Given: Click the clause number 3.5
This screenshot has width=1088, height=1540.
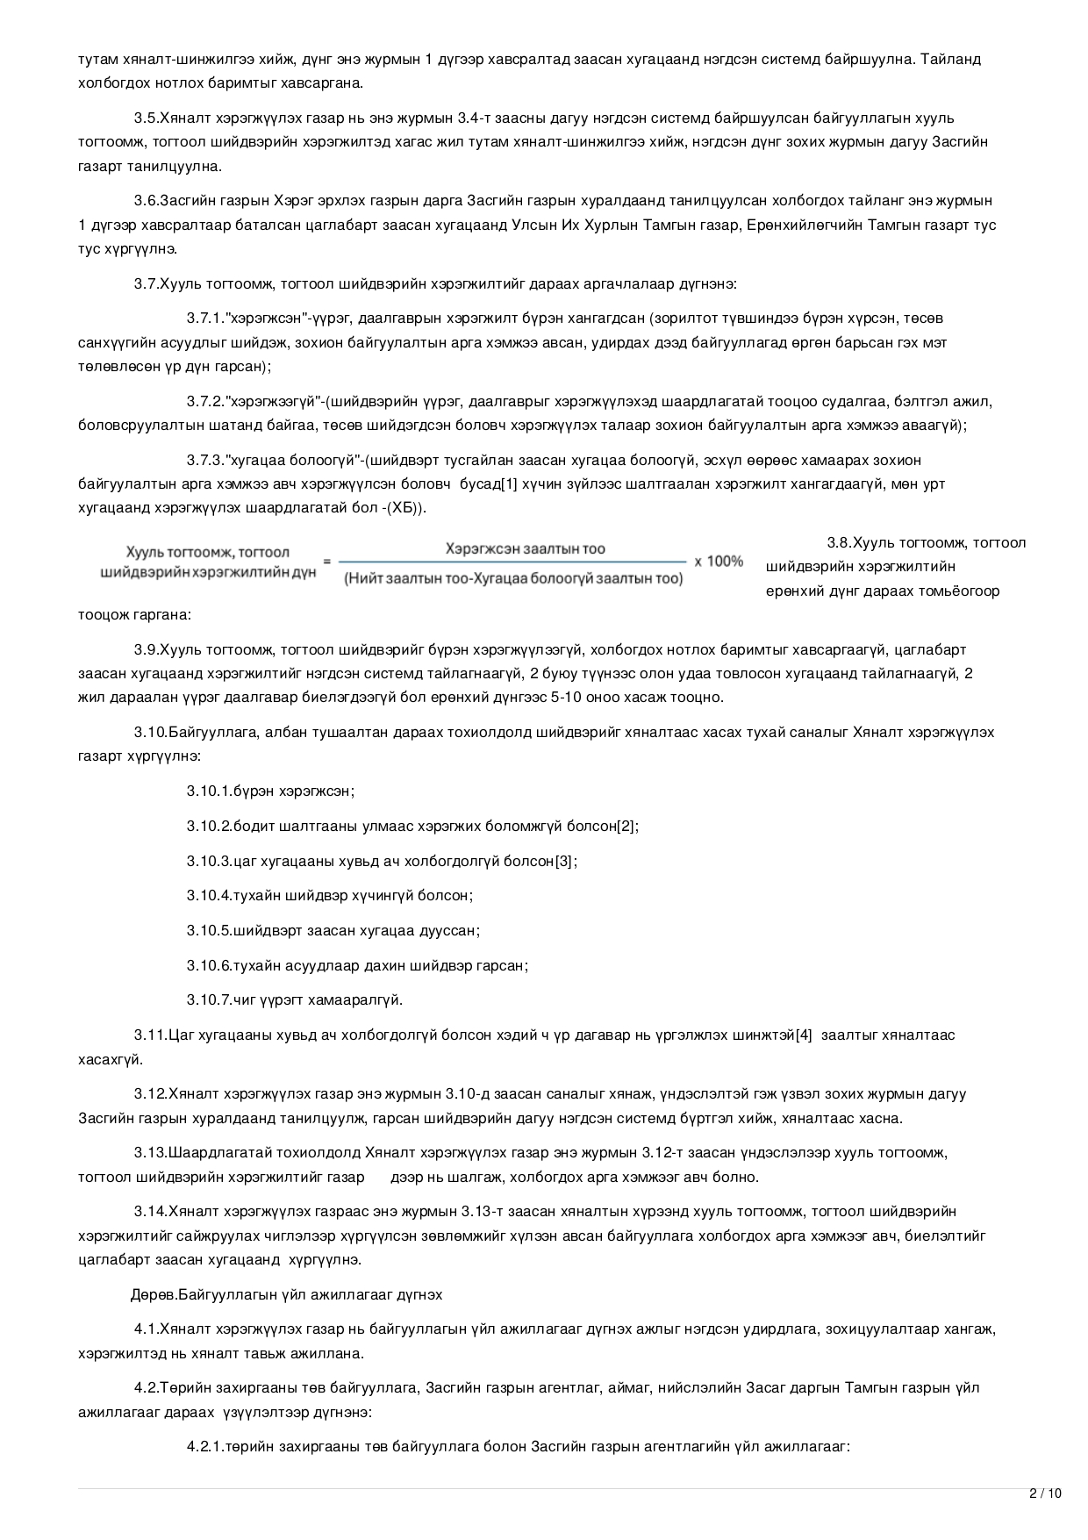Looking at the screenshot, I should (x=146, y=118).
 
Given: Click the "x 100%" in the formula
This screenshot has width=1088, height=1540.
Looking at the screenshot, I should (x=719, y=561).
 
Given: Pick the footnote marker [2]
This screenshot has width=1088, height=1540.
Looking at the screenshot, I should (x=626, y=826).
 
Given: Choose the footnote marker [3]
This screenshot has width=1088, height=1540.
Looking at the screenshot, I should (x=565, y=861).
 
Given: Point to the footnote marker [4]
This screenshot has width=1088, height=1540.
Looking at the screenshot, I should (x=804, y=1035).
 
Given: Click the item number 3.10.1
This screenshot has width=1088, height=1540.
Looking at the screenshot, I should (x=209, y=791).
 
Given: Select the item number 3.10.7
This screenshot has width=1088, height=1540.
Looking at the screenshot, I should (x=209, y=999).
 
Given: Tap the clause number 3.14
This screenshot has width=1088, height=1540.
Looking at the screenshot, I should (x=149, y=1212).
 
